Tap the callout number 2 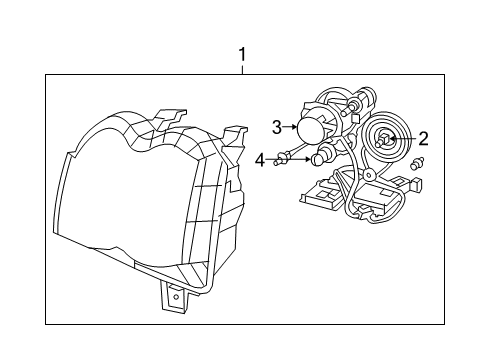pos(423,139)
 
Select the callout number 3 pos(277,127)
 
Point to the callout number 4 pos(259,158)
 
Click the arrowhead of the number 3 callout pos(298,127)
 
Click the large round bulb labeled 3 pos(314,130)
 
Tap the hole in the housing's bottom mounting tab pos(175,296)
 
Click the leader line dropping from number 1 pos(241,67)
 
